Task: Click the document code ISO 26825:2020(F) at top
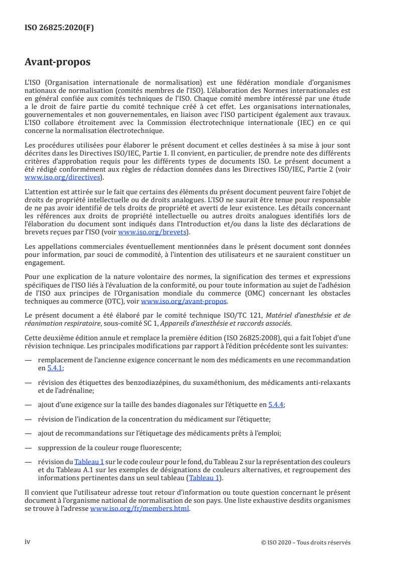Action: (59, 28)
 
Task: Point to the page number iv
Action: (28, 542)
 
